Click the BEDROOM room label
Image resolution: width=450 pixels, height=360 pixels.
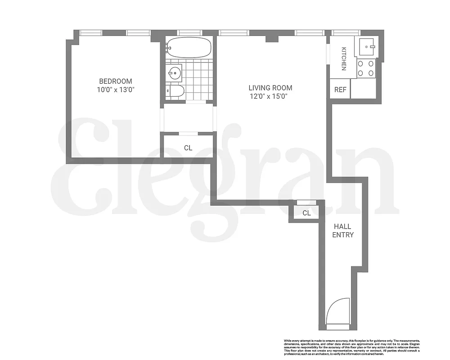[x=116, y=81]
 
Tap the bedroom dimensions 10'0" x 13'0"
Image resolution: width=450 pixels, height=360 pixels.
[x=116, y=90]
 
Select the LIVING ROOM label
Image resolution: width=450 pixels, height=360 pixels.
[x=270, y=88]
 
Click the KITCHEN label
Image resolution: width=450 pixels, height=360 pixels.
[x=343, y=58]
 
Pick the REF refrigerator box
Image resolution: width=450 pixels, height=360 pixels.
[x=340, y=90]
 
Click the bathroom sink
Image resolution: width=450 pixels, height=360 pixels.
[x=174, y=72]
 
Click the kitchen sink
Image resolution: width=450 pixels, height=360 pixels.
[x=369, y=46]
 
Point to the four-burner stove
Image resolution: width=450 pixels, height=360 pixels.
[x=366, y=68]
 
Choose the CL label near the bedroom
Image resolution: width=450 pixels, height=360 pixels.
[x=188, y=147]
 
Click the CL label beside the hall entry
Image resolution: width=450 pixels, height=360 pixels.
[x=306, y=213]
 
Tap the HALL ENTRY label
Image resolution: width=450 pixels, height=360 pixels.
[x=343, y=231]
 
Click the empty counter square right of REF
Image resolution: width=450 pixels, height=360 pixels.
[x=365, y=89]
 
